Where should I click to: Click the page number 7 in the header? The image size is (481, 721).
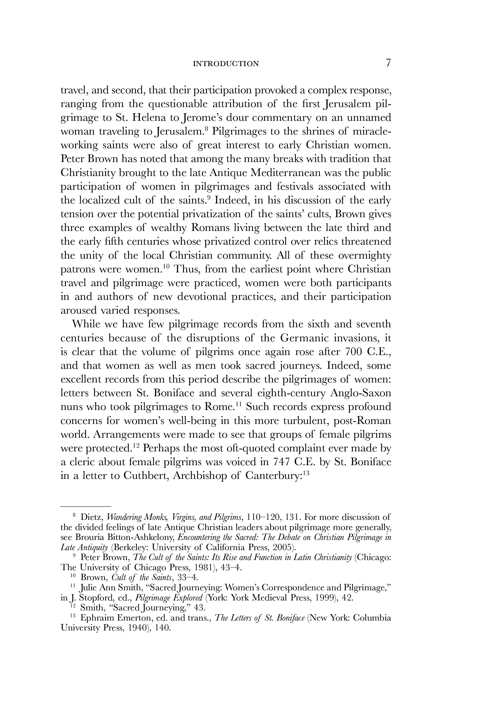pos(388,63)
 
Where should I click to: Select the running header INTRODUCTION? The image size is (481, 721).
pos(226,64)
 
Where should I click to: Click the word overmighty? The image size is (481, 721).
pos(362,256)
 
